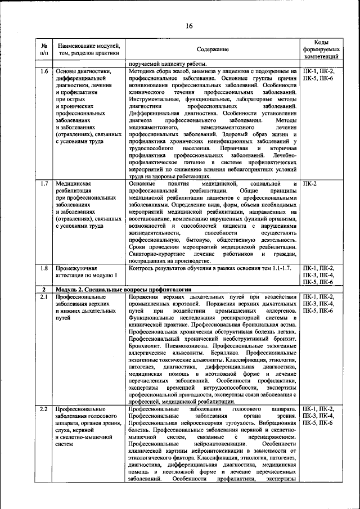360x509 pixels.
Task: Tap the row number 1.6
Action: (x=44, y=71)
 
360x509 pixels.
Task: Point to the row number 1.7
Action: (x=44, y=183)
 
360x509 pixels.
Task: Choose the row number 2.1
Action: (x=44, y=296)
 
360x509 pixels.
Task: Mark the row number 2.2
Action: (x=44, y=409)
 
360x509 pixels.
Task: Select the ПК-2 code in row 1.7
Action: (x=310, y=183)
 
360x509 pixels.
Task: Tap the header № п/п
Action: (x=44, y=49)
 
